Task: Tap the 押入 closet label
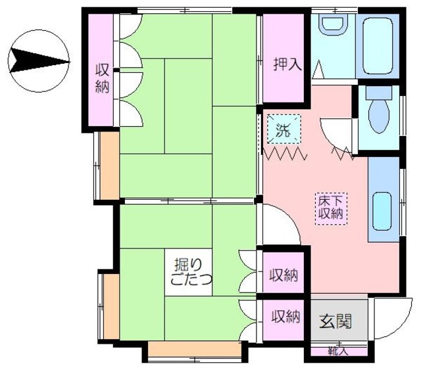[287, 64]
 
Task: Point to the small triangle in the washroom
[318, 68]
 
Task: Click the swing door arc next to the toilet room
[339, 135]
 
